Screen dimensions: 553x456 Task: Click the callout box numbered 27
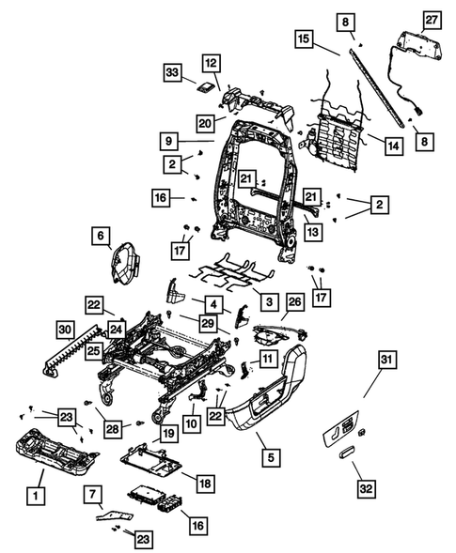pyautogui.click(x=431, y=20)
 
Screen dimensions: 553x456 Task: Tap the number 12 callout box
pyautogui.click(x=210, y=63)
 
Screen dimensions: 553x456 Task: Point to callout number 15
pyautogui.click(x=302, y=40)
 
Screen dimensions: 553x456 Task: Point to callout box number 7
pyautogui.click(x=92, y=494)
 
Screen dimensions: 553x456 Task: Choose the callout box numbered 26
pyautogui.click(x=293, y=302)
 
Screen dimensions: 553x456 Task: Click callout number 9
pyautogui.click(x=169, y=140)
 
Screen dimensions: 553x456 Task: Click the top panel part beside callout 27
pyautogui.click(x=417, y=42)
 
